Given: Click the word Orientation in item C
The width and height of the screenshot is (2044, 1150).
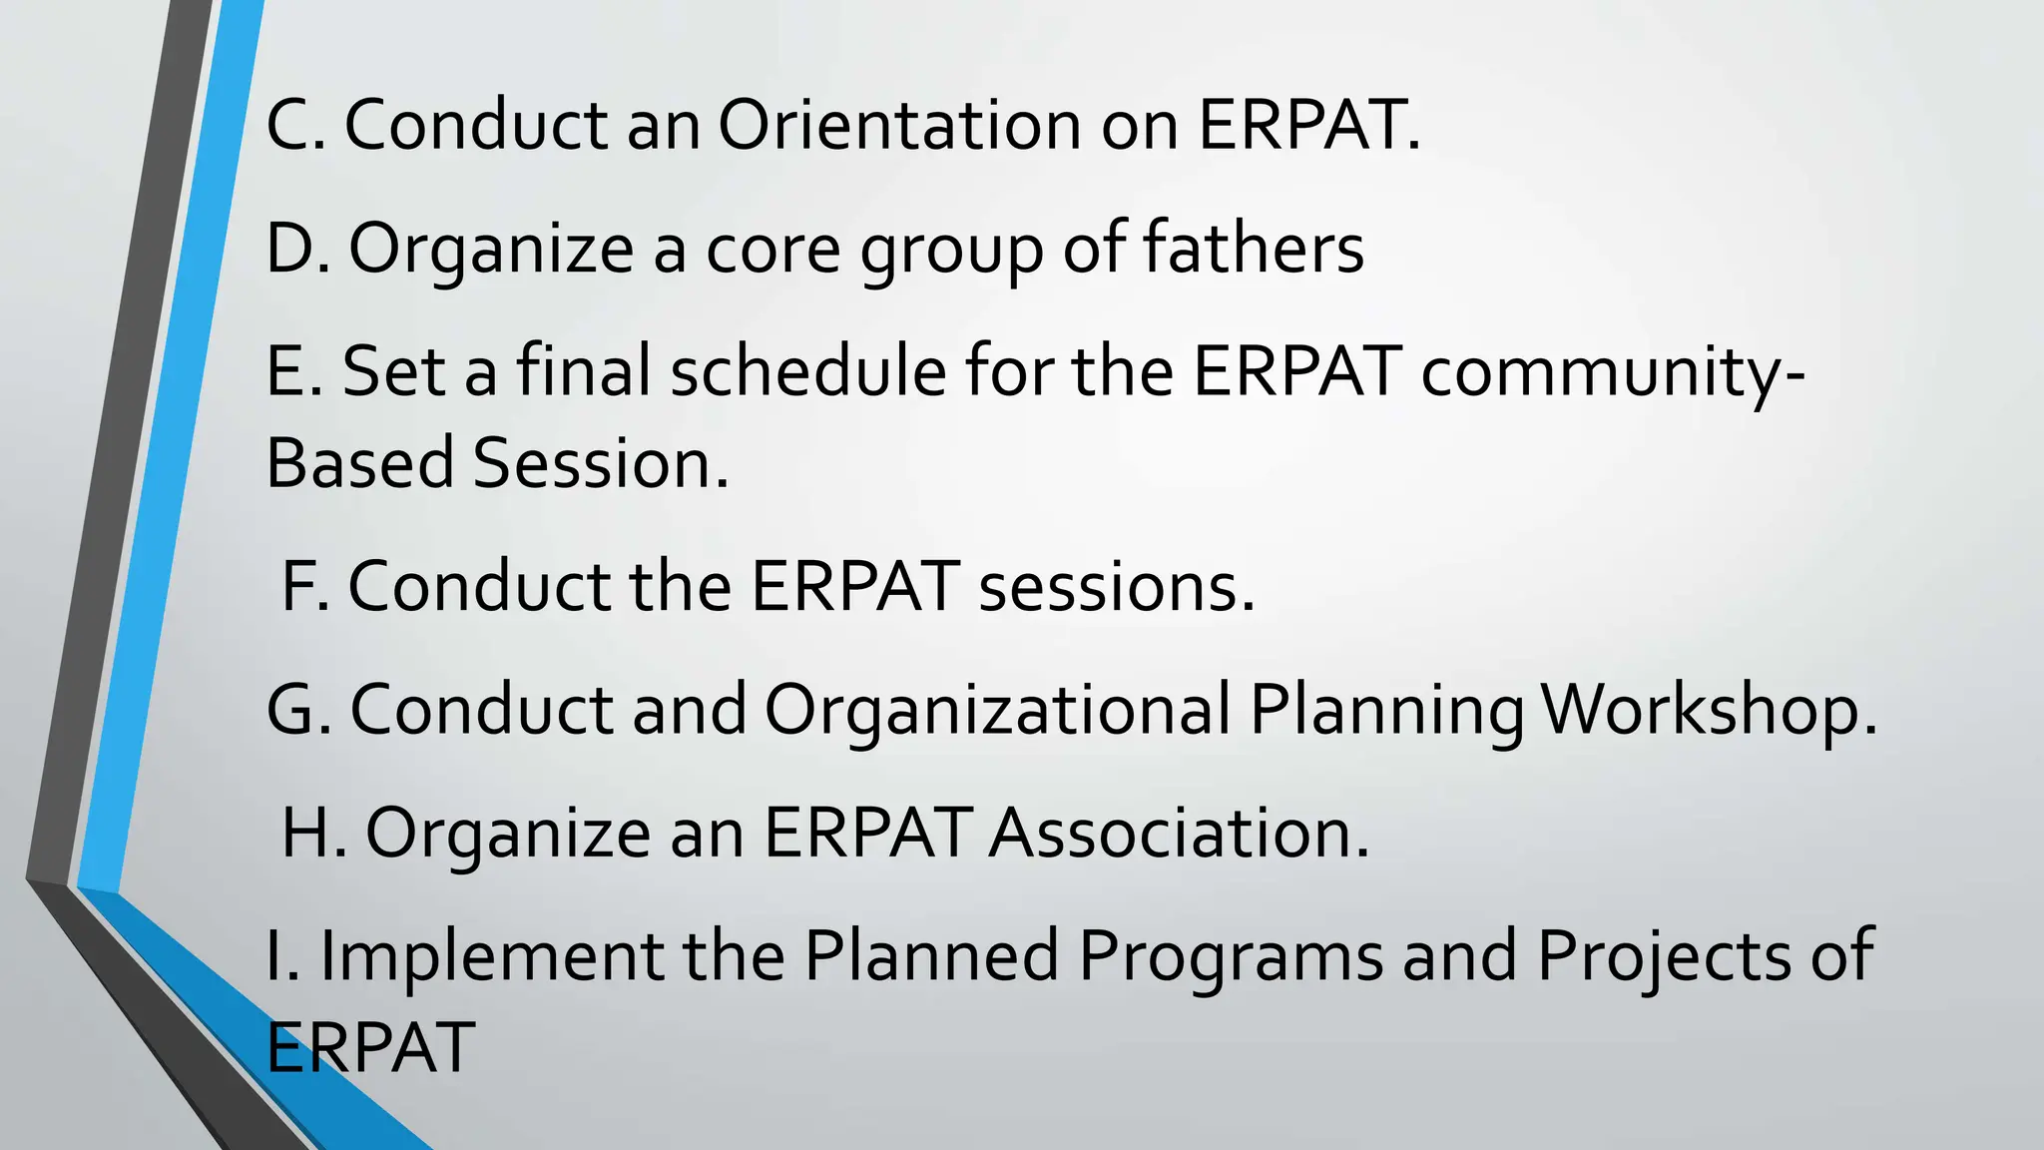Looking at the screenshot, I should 898,126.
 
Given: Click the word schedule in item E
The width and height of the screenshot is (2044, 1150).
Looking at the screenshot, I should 807,370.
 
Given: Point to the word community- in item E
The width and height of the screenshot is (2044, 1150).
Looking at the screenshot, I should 1613,370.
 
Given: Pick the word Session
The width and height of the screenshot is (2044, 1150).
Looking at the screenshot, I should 601,463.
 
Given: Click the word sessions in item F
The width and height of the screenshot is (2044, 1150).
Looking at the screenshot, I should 1116,586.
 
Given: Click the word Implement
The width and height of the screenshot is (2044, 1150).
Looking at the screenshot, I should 491,955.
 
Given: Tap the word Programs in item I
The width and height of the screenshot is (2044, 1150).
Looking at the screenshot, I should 1230,955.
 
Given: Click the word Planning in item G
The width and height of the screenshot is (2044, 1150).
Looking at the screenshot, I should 1386,711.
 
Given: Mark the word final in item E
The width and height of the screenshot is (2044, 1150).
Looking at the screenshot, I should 583,370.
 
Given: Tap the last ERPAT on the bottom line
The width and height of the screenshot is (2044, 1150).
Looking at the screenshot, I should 370,1047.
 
